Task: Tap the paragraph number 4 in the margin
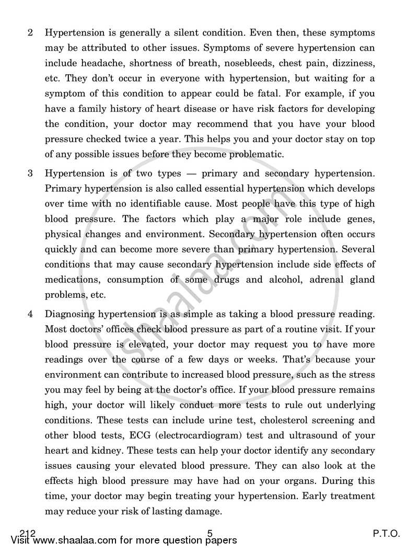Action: point(31,314)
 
